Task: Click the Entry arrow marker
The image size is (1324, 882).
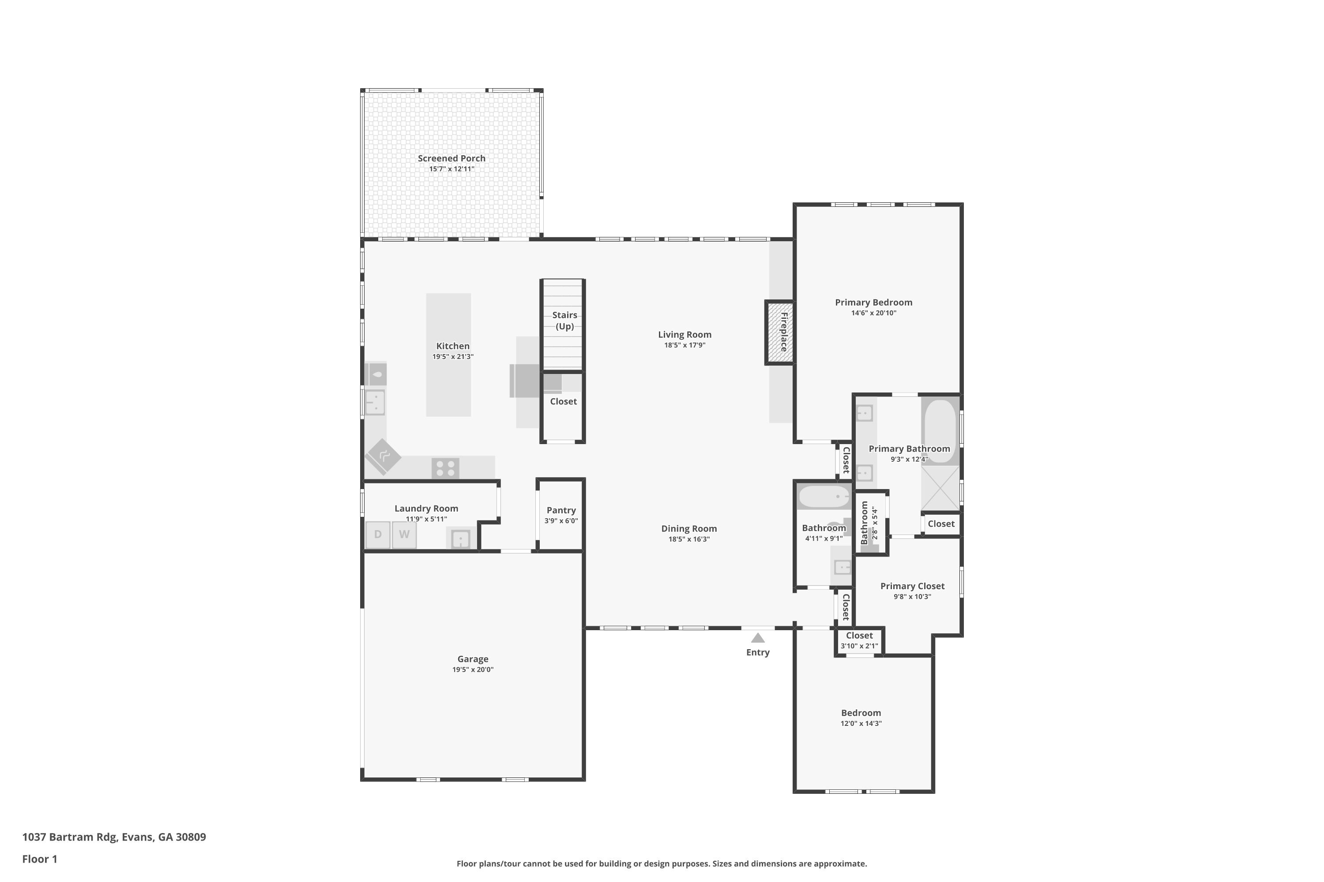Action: pyautogui.click(x=758, y=638)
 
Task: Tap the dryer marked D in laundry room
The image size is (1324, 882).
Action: pyautogui.click(x=378, y=534)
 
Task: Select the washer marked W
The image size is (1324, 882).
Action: pyautogui.click(x=404, y=534)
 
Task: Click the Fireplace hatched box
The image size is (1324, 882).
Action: pyautogui.click(x=780, y=333)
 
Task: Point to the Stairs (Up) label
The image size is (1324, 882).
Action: pyautogui.click(x=564, y=321)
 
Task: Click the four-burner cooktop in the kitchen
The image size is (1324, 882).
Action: pyautogui.click(x=445, y=468)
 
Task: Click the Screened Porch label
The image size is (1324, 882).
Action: pyautogui.click(x=451, y=159)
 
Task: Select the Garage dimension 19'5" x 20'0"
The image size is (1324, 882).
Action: pyautogui.click(x=473, y=669)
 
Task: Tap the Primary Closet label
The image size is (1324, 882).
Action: pyautogui.click(x=912, y=586)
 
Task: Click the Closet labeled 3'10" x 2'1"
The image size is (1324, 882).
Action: pyautogui.click(x=859, y=641)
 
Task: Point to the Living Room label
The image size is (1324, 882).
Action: pyautogui.click(x=685, y=335)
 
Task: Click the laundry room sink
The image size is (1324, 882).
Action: pyautogui.click(x=460, y=539)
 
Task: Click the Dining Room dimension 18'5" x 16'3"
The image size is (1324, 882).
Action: pyautogui.click(x=688, y=539)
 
